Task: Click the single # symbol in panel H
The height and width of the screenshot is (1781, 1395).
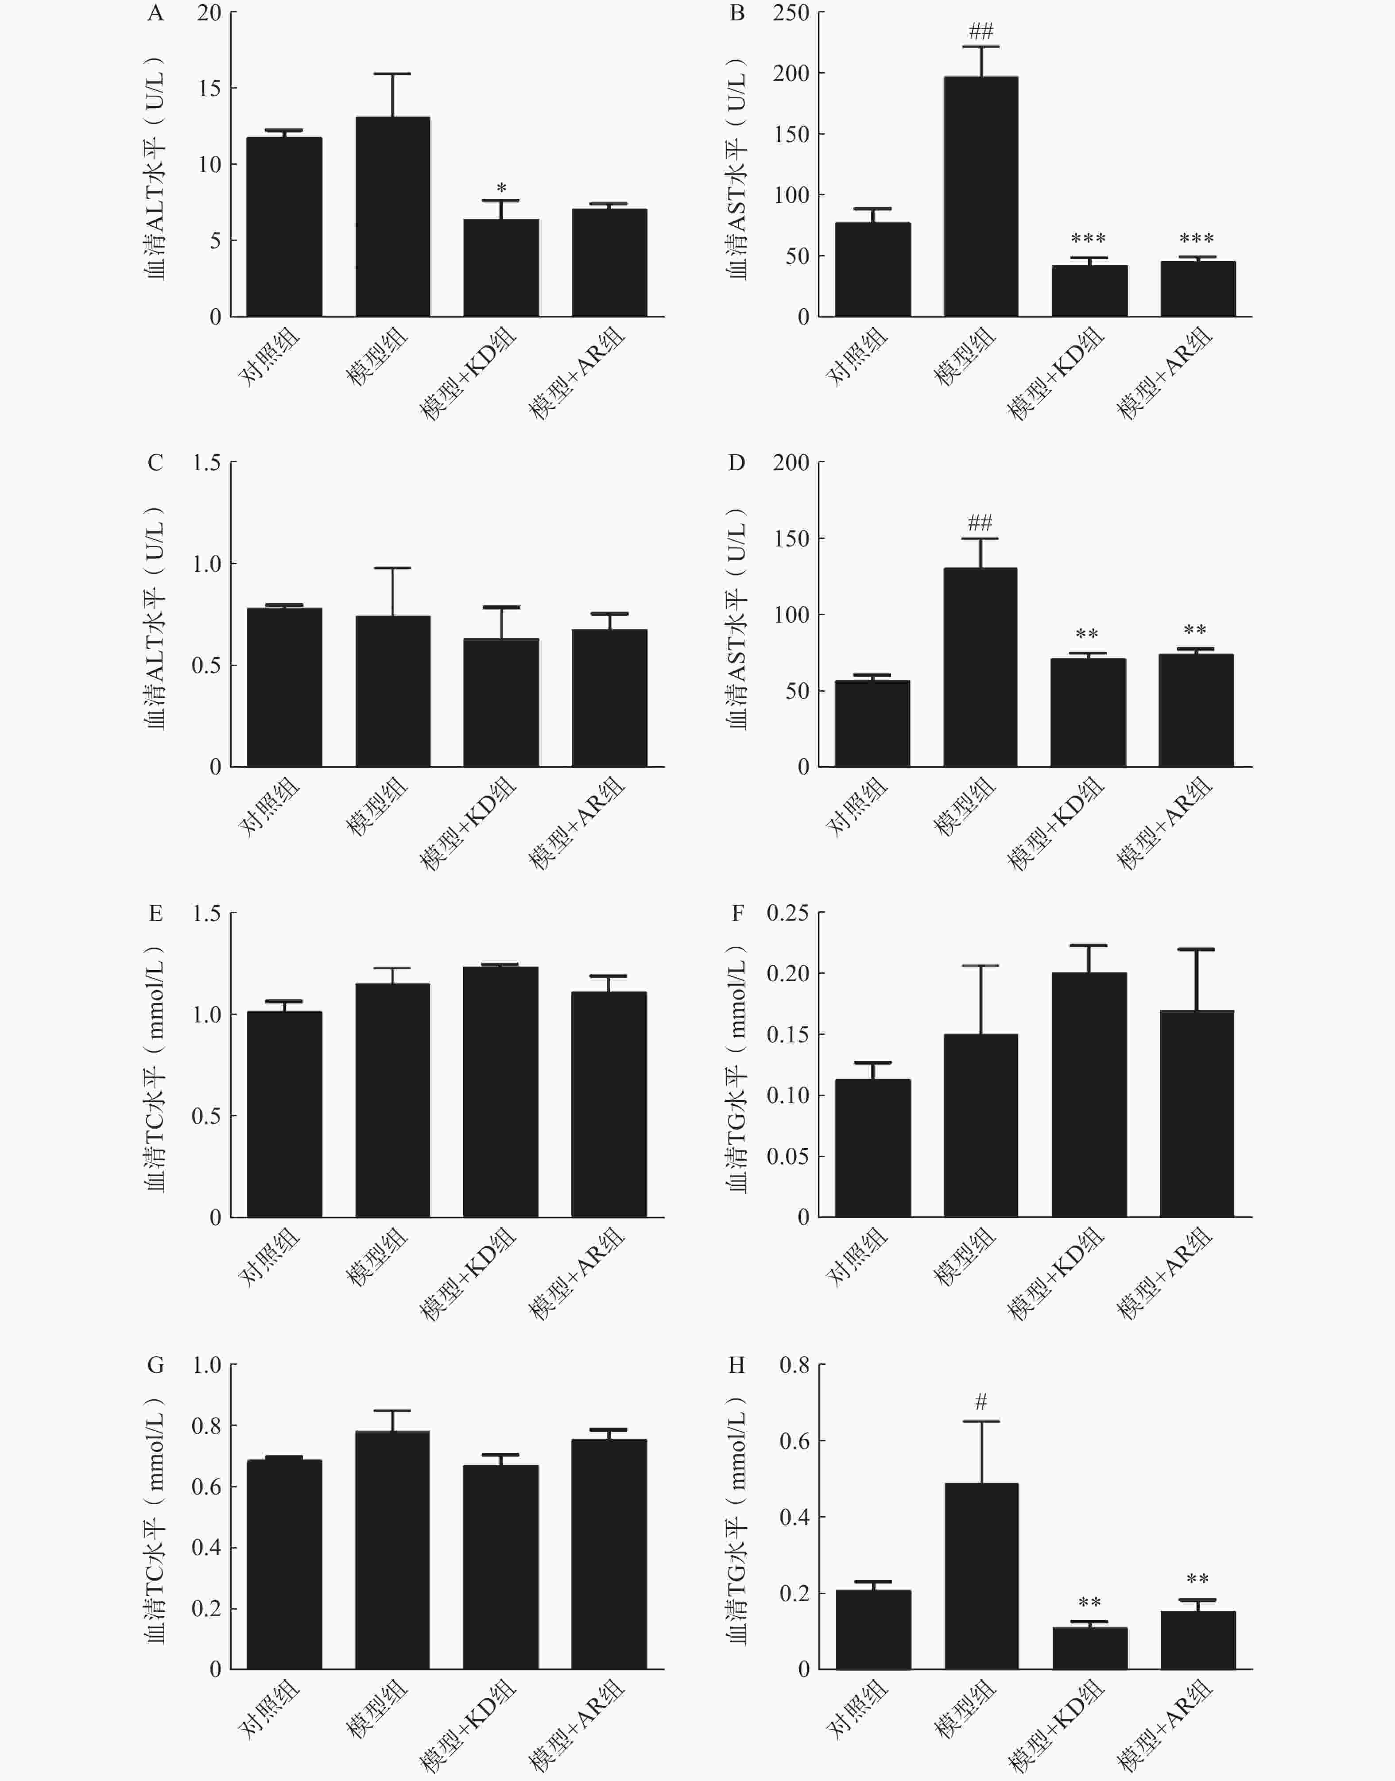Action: click(x=981, y=1402)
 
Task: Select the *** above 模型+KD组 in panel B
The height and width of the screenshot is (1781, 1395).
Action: click(x=1088, y=238)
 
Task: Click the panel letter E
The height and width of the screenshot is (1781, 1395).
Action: click(x=155, y=913)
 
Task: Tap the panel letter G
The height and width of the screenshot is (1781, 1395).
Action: click(x=155, y=1365)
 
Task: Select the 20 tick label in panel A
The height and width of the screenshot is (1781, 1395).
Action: click(x=208, y=13)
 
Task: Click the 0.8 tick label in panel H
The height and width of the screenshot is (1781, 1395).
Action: click(x=794, y=1365)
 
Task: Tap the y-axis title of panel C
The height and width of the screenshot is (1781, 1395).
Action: click(x=155, y=616)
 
